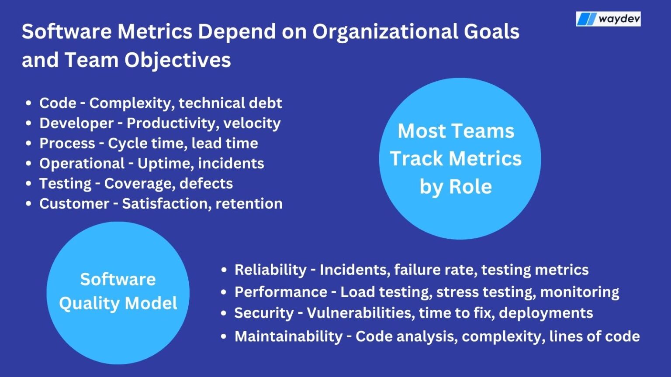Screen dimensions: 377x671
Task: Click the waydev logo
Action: (x=608, y=19)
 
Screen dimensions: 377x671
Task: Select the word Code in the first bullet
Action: (x=58, y=103)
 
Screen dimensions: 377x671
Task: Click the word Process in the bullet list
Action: (x=67, y=143)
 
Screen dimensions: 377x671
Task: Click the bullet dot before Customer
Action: (x=29, y=204)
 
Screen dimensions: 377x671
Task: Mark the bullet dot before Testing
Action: (x=29, y=184)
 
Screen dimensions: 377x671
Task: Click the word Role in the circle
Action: (x=470, y=187)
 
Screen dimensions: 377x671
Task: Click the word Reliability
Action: (x=270, y=270)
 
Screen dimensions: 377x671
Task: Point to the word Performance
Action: (x=281, y=291)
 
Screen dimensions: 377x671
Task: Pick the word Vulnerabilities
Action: (x=360, y=313)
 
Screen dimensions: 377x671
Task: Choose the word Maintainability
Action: (x=288, y=336)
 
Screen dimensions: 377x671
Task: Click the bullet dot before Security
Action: (x=224, y=313)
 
